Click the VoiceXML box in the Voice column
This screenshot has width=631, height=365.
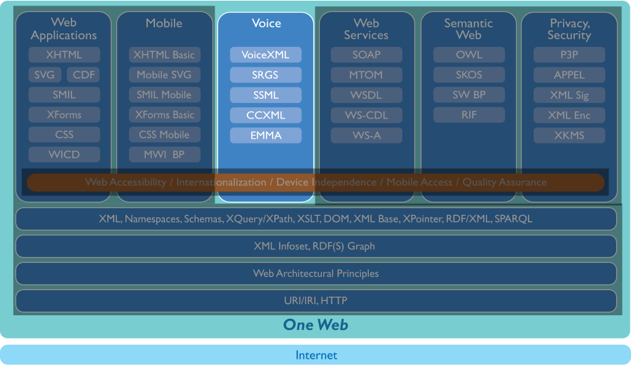(x=265, y=55)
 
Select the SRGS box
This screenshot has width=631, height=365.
(x=265, y=75)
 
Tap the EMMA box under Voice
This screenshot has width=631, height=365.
(x=265, y=135)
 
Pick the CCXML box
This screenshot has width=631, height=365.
(x=265, y=115)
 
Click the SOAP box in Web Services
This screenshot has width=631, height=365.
(x=367, y=55)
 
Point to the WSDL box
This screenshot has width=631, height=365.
(x=367, y=95)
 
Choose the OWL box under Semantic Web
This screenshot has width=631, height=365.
(x=468, y=55)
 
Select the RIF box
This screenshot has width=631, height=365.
(x=468, y=115)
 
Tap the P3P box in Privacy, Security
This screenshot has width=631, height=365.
(x=569, y=55)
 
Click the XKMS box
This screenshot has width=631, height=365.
(x=569, y=135)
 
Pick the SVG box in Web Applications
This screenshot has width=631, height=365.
(x=45, y=75)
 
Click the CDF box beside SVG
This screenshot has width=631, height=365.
(x=83, y=75)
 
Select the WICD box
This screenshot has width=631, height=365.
(x=65, y=154)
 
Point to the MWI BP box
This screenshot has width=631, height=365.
(x=165, y=154)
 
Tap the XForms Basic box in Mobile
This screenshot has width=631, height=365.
(x=165, y=115)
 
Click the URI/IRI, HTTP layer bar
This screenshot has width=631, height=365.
(x=315, y=301)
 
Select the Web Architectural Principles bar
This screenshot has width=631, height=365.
(x=315, y=273)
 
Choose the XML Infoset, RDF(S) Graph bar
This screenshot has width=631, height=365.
(x=315, y=246)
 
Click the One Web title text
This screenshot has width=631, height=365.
(x=315, y=325)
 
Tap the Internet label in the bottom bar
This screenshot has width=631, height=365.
(x=316, y=355)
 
